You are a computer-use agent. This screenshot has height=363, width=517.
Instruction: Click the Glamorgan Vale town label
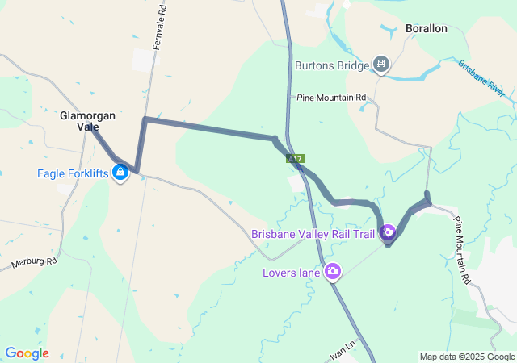(87, 121)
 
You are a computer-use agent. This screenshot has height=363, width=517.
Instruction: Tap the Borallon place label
(426, 29)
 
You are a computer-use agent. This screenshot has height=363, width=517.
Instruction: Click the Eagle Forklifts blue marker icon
(120, 172)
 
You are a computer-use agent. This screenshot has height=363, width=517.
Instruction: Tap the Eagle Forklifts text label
(73, 173)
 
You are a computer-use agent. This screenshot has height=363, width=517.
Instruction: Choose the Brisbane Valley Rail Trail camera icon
(388, 232)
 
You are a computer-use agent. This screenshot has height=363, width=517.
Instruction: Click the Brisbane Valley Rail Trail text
(313, 235)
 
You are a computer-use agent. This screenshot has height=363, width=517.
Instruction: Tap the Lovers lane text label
(292, 273)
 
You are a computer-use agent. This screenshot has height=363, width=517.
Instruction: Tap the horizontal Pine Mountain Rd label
(331, 98)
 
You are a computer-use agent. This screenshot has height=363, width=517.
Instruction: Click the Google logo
(27, 353)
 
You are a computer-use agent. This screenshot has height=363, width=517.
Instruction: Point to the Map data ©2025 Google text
(466, 357)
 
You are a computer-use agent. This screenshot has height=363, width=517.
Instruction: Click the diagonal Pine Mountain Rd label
(461, 251)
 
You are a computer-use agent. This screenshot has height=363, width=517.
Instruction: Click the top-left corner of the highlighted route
(145, 119)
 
